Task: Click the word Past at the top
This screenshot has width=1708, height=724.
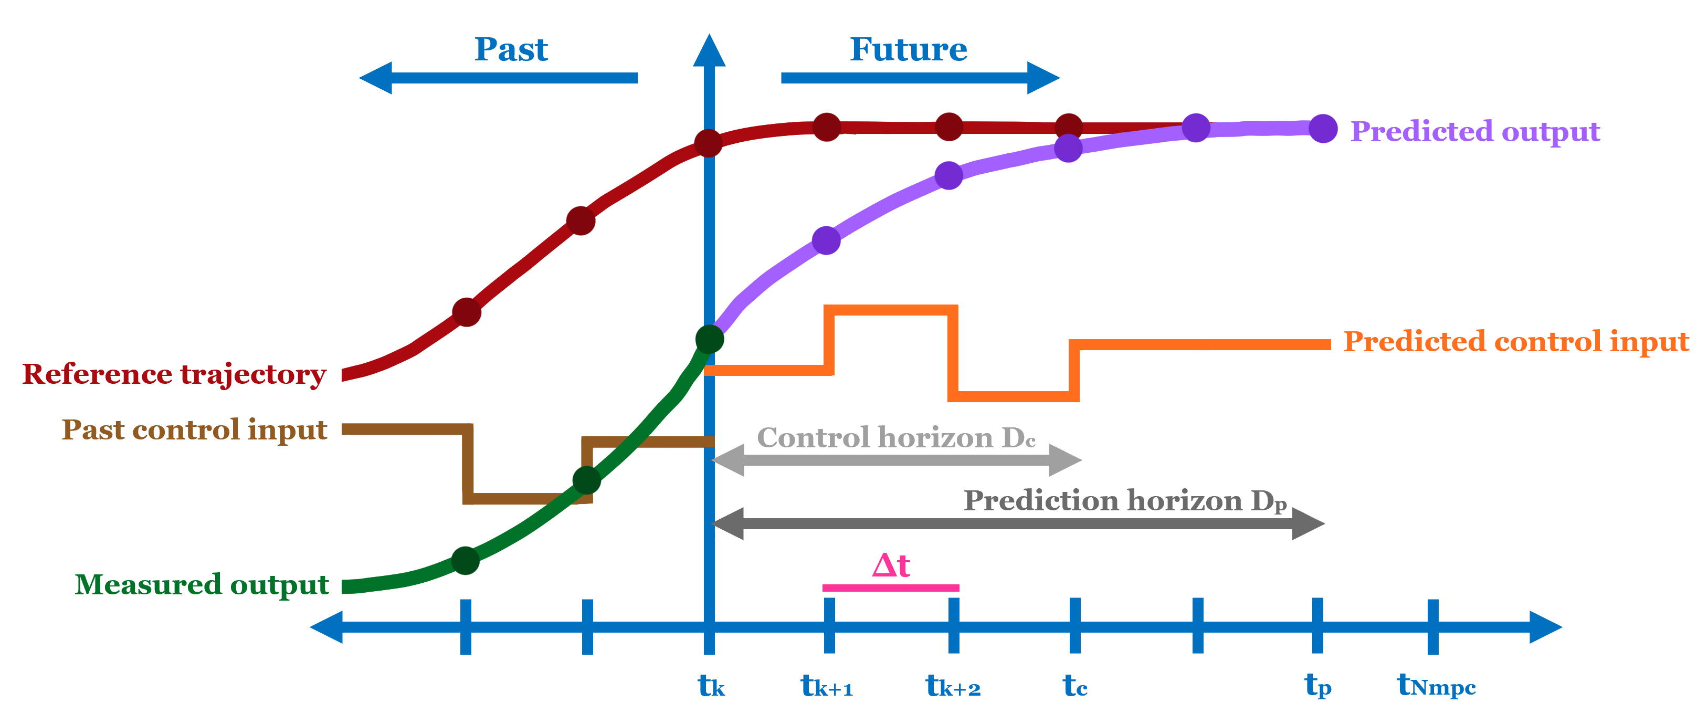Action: click(x=511, y=50)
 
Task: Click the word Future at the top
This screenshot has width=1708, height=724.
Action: click(x=909, y=50)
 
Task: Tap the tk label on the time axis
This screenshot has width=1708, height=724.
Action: click(x=711, y=686)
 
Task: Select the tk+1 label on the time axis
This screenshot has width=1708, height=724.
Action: click(x=827, y=686)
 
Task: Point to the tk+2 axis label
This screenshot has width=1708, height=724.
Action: click(x=953, y=686)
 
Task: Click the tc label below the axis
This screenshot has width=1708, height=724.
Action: click(x=1075, y=686)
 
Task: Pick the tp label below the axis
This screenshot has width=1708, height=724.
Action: click(x=1317, y=686)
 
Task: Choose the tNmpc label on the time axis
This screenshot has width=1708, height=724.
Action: click(x=1436, y=686)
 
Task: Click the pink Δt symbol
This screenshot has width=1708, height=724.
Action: click(x=891, y=565)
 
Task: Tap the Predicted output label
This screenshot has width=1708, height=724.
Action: click(x=1475, y=131)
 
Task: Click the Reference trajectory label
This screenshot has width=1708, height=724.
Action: click(x=174, y=374)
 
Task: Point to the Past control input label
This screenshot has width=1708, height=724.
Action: click(x=194, y=429)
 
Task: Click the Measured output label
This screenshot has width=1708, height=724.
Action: click(x=202, y=585)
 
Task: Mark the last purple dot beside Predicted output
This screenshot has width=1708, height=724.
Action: click(x=1323, y=129)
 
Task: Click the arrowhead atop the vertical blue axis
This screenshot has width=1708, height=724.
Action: click(x=709, y=51)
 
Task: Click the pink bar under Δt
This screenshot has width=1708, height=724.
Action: click(x=890, y=587)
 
